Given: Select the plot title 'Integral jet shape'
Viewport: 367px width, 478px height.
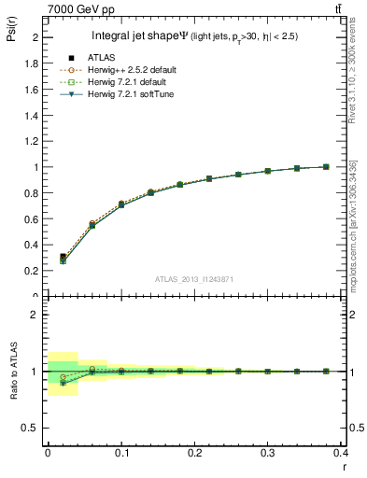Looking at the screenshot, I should (140, 36).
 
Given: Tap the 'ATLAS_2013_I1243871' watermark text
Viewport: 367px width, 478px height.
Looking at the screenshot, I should (195, 279).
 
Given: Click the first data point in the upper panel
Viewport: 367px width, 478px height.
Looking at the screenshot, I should (63, 258).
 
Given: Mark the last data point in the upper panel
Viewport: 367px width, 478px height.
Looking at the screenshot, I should (326, 166).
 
